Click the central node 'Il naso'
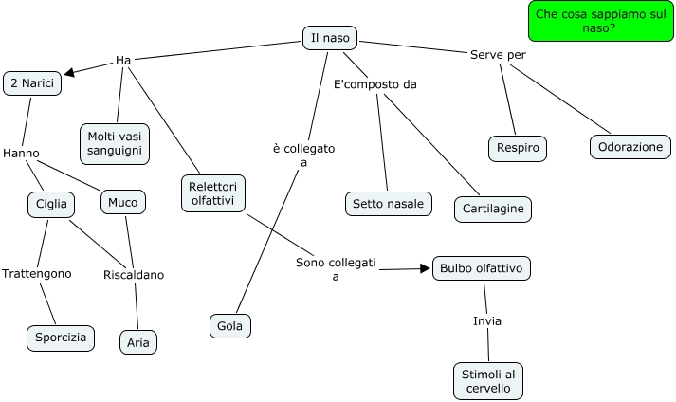click(330, 39)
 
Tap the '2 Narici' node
click(33, 83)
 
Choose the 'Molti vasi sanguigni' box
click(113, 143)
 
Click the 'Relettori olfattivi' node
click(212, 192)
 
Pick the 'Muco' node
click(122, 202)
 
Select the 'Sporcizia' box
click(61, 338)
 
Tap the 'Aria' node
click(138, 341)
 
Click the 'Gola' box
click(230, 326)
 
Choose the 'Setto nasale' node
click(388, 204)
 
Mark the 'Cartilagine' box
click(491, 208)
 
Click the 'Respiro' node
click(518, 148)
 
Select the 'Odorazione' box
click(630, 147)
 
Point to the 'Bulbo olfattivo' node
click(481, 268)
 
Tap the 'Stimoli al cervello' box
click(488, 381)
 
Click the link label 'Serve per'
click(498, 55)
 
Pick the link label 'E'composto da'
click(375, 84)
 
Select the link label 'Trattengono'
click(36, 273)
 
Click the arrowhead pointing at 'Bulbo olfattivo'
click(424, 269)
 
